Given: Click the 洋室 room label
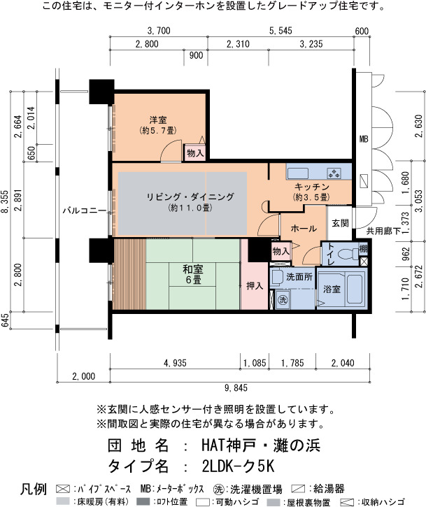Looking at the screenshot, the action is [x=158, y=120].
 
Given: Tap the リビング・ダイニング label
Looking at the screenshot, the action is [x=190, y=197].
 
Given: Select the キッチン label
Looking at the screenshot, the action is [x=311, y=187].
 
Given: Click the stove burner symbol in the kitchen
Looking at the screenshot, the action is [x=334, y=173].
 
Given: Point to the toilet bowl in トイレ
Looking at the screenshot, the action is [x=347, y=254].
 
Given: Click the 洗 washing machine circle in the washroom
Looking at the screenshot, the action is [x=283, y=300].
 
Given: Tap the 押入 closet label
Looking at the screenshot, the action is [x=255, y=285].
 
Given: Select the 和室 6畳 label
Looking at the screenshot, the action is [x=193, y=274].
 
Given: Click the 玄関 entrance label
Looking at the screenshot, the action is [x=340, y=223].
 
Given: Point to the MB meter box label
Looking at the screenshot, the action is [x=364, y=139].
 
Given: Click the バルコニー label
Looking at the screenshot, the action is [x=84, y=210].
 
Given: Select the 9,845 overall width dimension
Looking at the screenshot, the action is [x=236, y=387].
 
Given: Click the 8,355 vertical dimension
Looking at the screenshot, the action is [x=4, y=201].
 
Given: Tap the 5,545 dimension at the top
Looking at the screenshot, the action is [x=281, y=31].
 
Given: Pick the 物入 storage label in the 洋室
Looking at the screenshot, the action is [x=195, y=152].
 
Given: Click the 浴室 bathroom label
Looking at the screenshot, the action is [x=332, y=289].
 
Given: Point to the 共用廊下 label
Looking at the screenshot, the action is [x=383, y=231].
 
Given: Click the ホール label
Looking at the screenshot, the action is [x=304, y=229].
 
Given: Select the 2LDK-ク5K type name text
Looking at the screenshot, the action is [x=239, y=466].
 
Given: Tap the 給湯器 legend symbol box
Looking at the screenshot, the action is [x=298, y=488].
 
